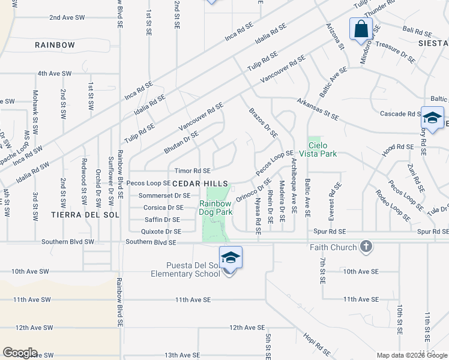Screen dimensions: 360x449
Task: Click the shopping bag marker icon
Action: [361, 28]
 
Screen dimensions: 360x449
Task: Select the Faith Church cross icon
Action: [366, 247]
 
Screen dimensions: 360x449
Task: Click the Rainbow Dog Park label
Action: [215, 208]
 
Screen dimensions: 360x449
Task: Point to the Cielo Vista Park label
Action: [322, 149]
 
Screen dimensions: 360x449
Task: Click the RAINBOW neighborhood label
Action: [55, 45]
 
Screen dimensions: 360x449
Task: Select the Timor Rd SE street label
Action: [192, 171]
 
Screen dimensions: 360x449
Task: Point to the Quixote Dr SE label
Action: [161, 231]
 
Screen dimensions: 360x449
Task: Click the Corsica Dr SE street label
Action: [163, 208]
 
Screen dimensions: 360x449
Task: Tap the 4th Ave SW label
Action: [54, 73]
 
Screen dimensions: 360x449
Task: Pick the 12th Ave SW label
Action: [34, 328]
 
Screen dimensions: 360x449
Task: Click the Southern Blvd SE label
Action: [151, 242]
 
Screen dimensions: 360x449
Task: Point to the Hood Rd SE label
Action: [397, 146]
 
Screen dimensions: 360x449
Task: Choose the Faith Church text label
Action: [333, 247]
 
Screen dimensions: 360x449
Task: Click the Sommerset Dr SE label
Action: [164, 196]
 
